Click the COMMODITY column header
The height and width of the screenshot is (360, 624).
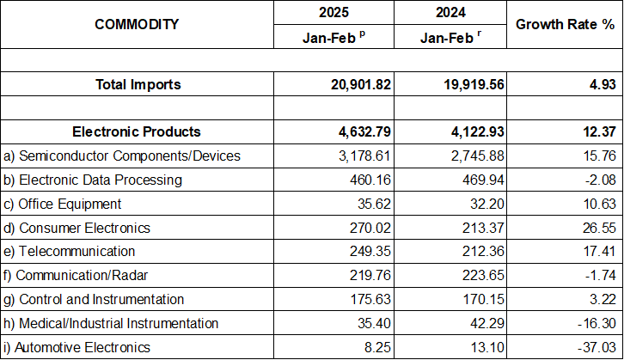137,24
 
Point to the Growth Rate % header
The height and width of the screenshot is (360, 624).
565,24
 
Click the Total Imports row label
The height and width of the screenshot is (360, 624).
137,84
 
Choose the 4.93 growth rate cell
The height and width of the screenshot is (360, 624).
598,84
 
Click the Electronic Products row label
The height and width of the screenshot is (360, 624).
137,131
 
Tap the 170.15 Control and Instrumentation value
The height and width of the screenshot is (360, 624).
478,299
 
